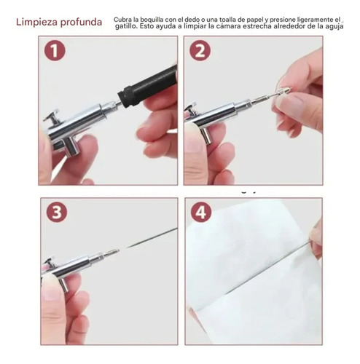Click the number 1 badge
pyautogui.click(x=55, y=50)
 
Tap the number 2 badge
pyautogui.click(x=200, y=50)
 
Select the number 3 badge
pyautogui.click(x=57, y=212)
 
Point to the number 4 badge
pyautogui.click(x=201, y=212)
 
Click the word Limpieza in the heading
pyautogui.click(x=37, y=22)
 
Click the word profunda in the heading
pyautogui.click(x=81, y=23)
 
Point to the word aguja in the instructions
pyautogui.click(x=335, y=26)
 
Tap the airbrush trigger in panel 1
pyautogui.click(x=52, y=116)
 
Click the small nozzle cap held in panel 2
pyautogui.click(x=283, y=92)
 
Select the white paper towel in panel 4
pyautogui.click(x=253, y=272)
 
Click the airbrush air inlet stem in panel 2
pyautogui.click(x=206, y=135)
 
